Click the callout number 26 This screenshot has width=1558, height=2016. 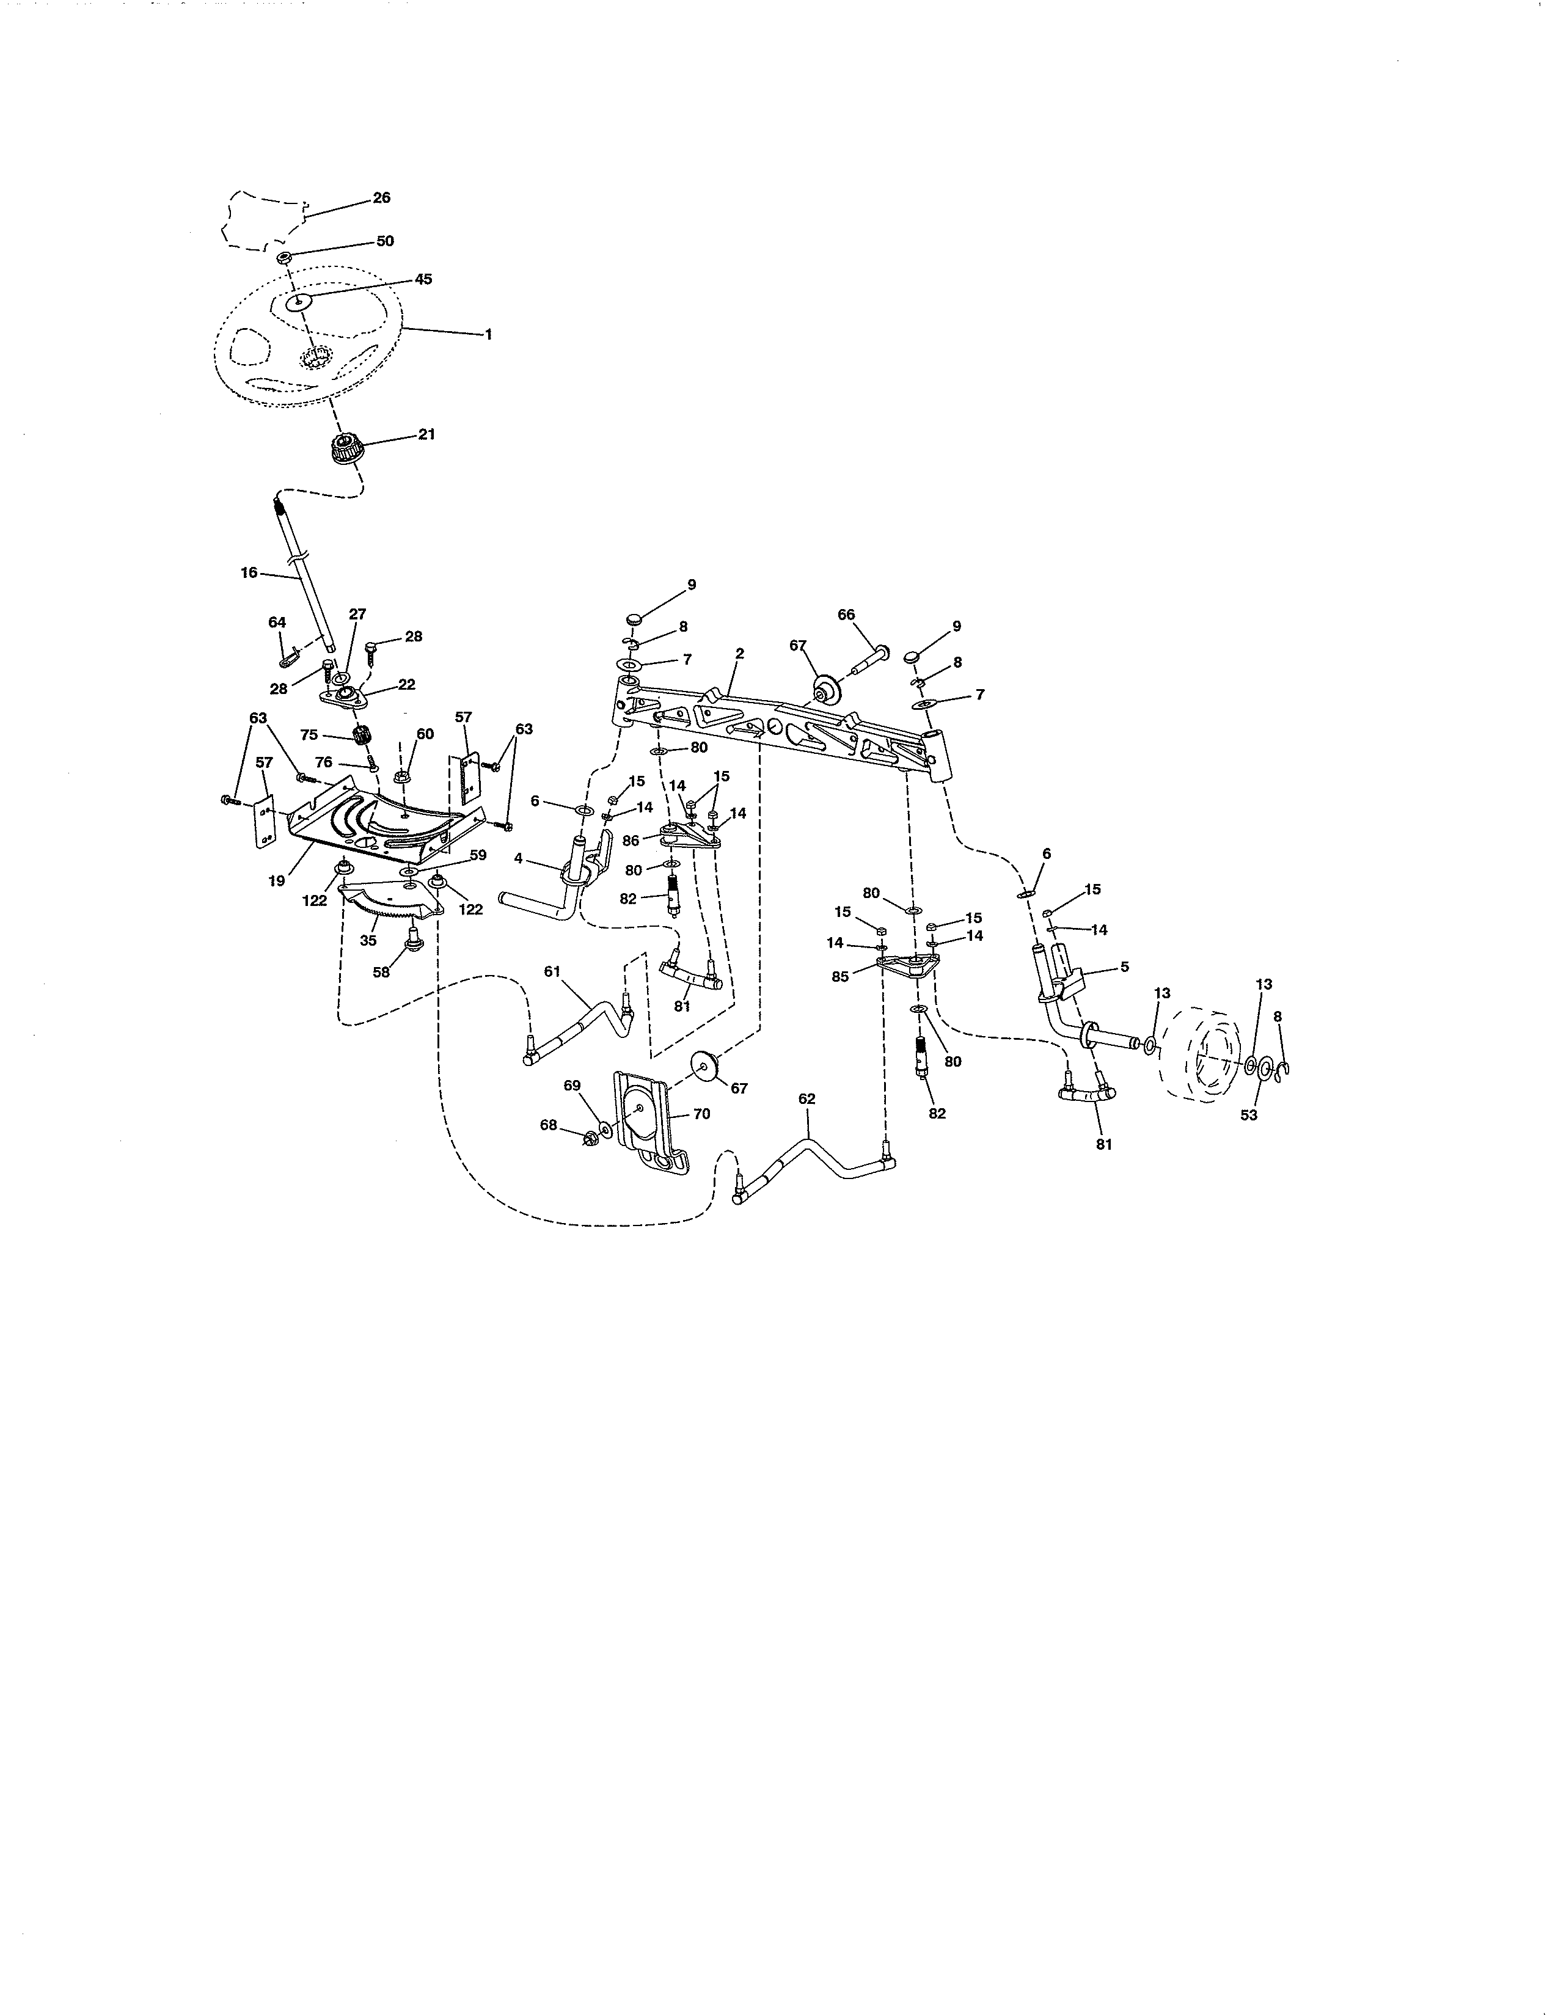click(x=381, y=197)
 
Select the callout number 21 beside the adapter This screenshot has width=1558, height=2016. click(x=426, y=434)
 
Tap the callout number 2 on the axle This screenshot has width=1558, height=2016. click(x=739, y=652)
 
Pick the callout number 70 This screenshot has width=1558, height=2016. click(x=701, y=1114)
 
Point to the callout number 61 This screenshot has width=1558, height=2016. click(x=552, y=971)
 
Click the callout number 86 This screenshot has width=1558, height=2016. click(x=631, y=841)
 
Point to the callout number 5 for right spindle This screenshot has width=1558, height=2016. click(x=1124, y=966)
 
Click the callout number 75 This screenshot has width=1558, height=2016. click(x=309, y=735)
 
